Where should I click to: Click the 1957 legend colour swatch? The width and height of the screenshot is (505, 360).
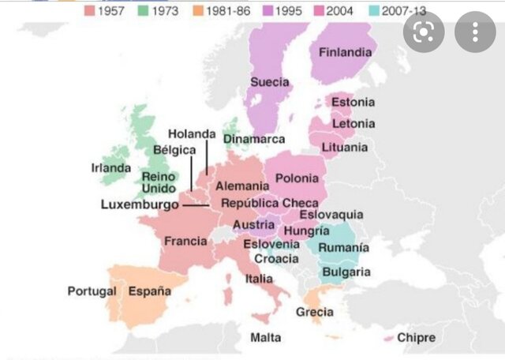tap(90, 12)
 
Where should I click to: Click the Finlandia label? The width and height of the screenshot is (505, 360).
tap(345, 53)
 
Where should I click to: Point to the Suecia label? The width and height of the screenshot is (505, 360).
tap(269, 82)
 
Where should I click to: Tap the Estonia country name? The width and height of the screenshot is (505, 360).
tap(353, 103)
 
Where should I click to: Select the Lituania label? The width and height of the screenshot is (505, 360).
tap(345, 148)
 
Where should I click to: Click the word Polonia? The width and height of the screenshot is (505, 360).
tap(297, 178)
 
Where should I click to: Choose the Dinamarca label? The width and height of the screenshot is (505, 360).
tap(253, 139)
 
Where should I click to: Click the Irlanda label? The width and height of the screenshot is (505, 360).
tap(110, 168)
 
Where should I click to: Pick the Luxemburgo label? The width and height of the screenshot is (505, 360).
tap(140, 204)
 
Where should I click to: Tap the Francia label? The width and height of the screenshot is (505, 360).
tap(185, 241)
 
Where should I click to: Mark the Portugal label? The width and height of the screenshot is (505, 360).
tap(92, 291)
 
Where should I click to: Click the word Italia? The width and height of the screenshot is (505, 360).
tap(259, 279)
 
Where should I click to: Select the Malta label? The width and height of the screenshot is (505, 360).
tap(265, 337)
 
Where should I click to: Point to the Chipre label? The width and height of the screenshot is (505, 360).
tap(416, 337)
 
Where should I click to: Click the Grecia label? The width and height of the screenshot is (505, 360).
tap(314, 312)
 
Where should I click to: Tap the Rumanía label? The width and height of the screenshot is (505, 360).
tap(345, 247)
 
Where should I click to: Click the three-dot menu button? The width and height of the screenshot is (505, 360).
tap(475, 32)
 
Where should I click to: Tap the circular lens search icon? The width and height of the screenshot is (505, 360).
tap(423, 32)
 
